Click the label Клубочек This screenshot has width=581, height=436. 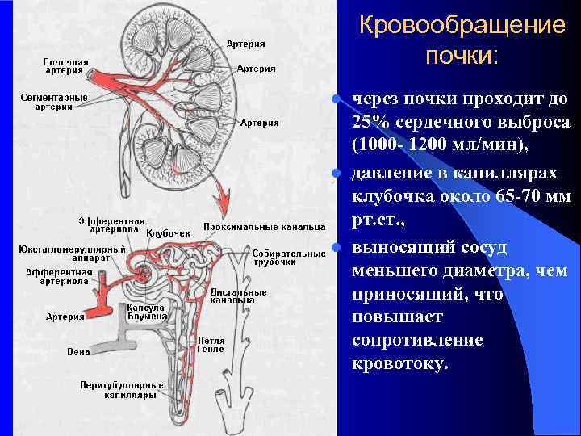(173, 233)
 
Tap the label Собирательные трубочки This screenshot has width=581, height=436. (277, 257)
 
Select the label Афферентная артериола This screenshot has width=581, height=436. (58, 279)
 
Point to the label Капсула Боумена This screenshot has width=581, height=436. (146, 312)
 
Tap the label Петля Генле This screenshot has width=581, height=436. (211, 345)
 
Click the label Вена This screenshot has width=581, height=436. (78, 351)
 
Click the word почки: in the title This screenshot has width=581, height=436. (462, 57)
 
